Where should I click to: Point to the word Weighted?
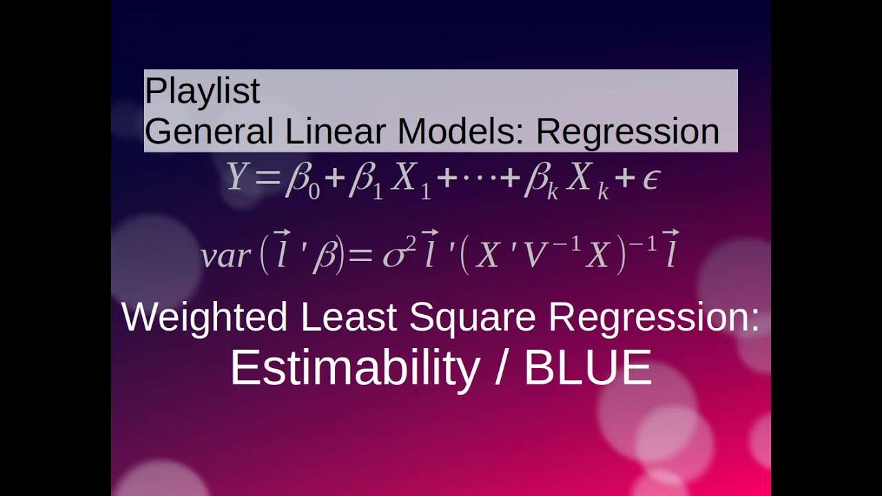click(x=205, y=318)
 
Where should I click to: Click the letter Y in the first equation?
click(x=236, y=178)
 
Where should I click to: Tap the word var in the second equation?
click(x=225, y=257)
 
